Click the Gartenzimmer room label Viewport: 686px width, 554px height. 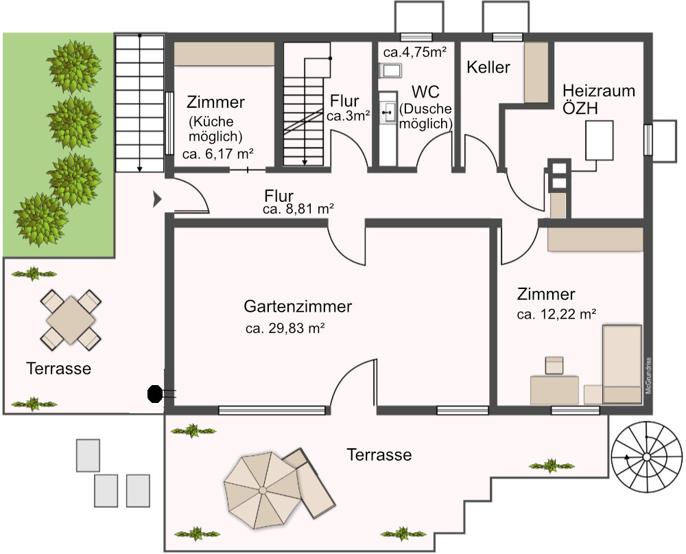(298, 306)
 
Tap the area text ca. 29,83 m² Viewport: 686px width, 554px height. (285, 328)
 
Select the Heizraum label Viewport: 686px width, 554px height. (598, 91)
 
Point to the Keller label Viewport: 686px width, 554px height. (488, 67)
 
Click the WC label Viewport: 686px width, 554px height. (425, 92)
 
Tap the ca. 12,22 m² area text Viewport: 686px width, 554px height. (556, 314)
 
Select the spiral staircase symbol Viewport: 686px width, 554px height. (647, 457)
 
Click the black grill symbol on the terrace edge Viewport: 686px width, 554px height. (154, 393)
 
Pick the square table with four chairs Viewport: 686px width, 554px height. (71, 320)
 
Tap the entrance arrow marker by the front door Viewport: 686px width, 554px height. (157, 199)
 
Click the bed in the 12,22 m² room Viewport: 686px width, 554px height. (622, 364)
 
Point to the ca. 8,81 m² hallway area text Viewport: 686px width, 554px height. (298, 209)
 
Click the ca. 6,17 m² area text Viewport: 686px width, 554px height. (218, 154)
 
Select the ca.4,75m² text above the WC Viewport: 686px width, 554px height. (415, 52)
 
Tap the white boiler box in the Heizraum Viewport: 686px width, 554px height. (600, 140)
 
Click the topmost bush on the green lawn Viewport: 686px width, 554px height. (73, 67)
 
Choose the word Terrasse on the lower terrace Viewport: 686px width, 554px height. (379, 454)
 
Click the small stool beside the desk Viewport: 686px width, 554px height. (554, 365)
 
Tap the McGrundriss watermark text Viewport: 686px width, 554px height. (648, 376)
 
